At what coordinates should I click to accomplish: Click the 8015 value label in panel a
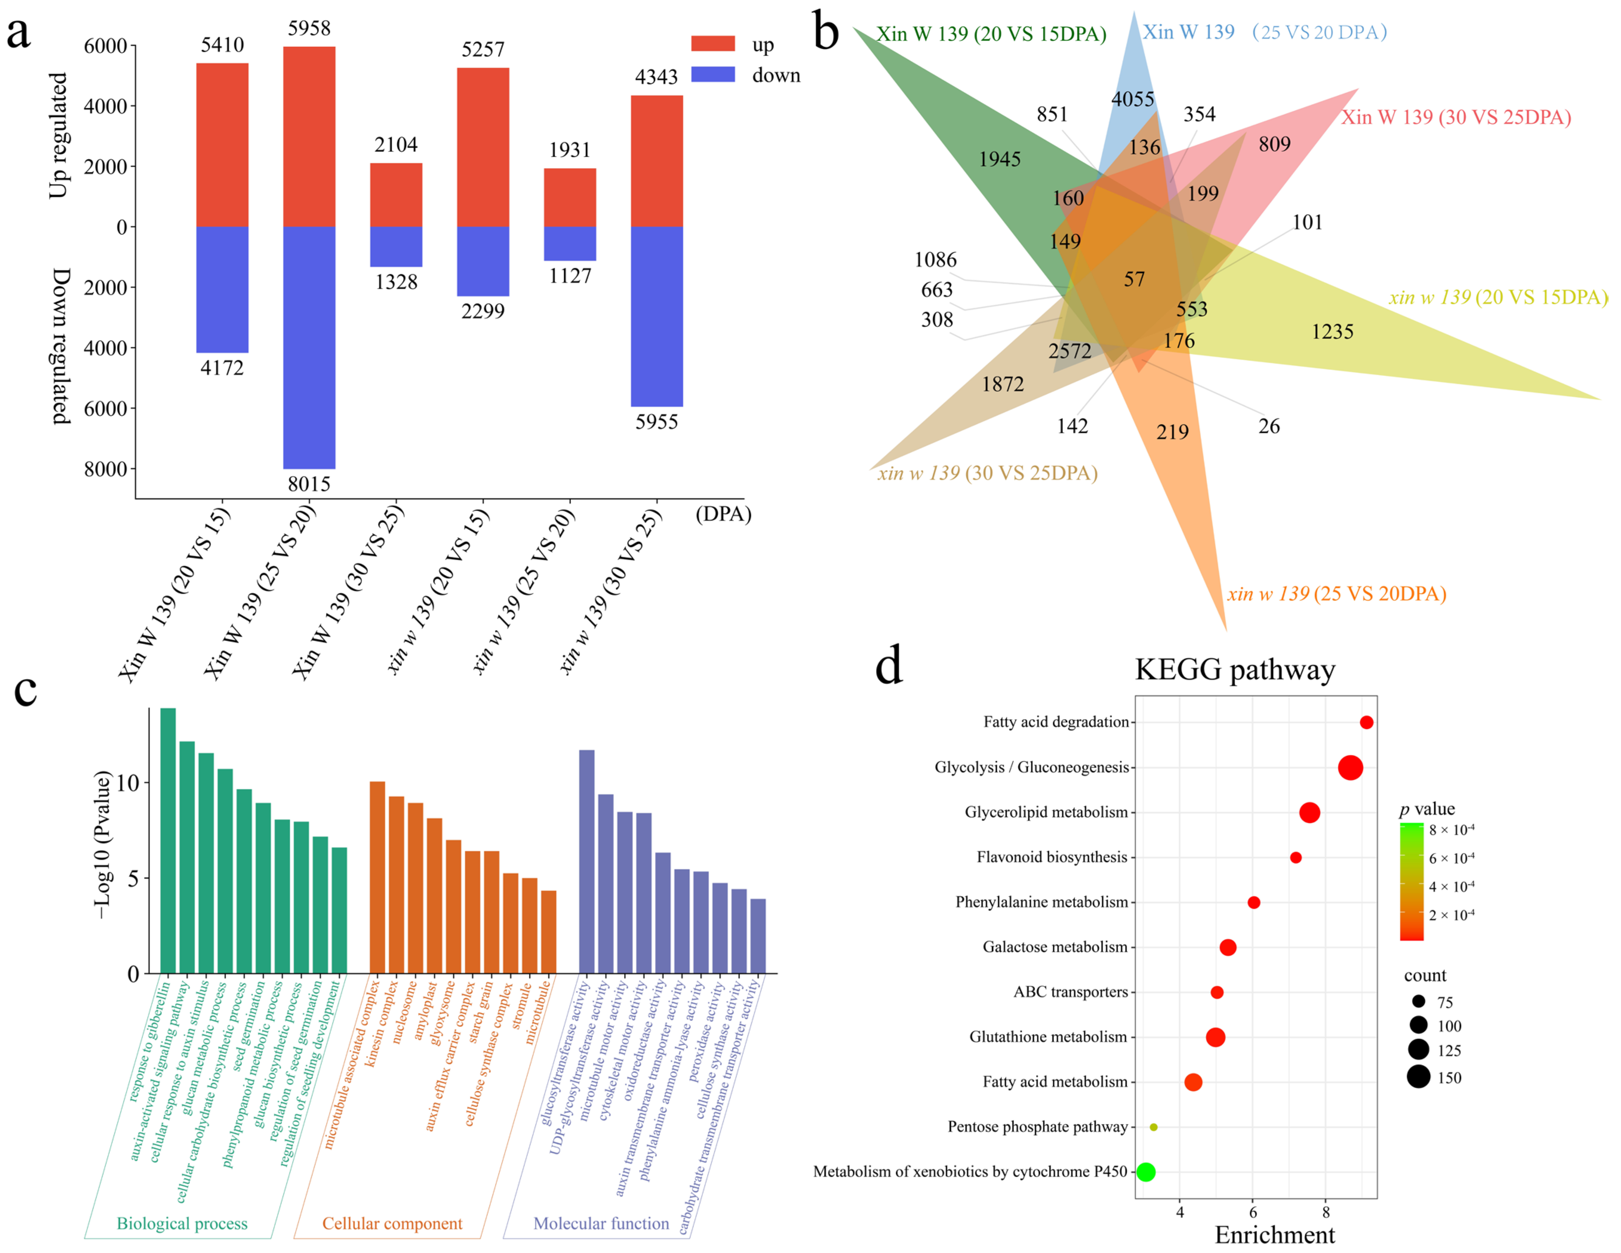click(309, 484)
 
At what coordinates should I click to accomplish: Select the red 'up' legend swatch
click(712, 44)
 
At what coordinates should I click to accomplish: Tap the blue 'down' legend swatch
click(712, 74)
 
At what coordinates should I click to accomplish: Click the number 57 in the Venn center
click(1133, 279)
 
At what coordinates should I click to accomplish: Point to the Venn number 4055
click(1133, 99)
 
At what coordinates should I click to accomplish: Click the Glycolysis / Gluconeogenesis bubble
click(1350, 768)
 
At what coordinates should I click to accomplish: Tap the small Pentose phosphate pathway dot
click(1153, 1127)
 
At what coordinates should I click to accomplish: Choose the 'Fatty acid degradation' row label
click(1055, 722)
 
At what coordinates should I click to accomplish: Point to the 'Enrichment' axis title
click(1274, 1235)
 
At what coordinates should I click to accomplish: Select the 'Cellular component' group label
click(392, 1223)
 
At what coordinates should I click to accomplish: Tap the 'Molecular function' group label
click(601, 1223)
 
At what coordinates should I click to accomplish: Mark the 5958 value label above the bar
click(309, 28)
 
